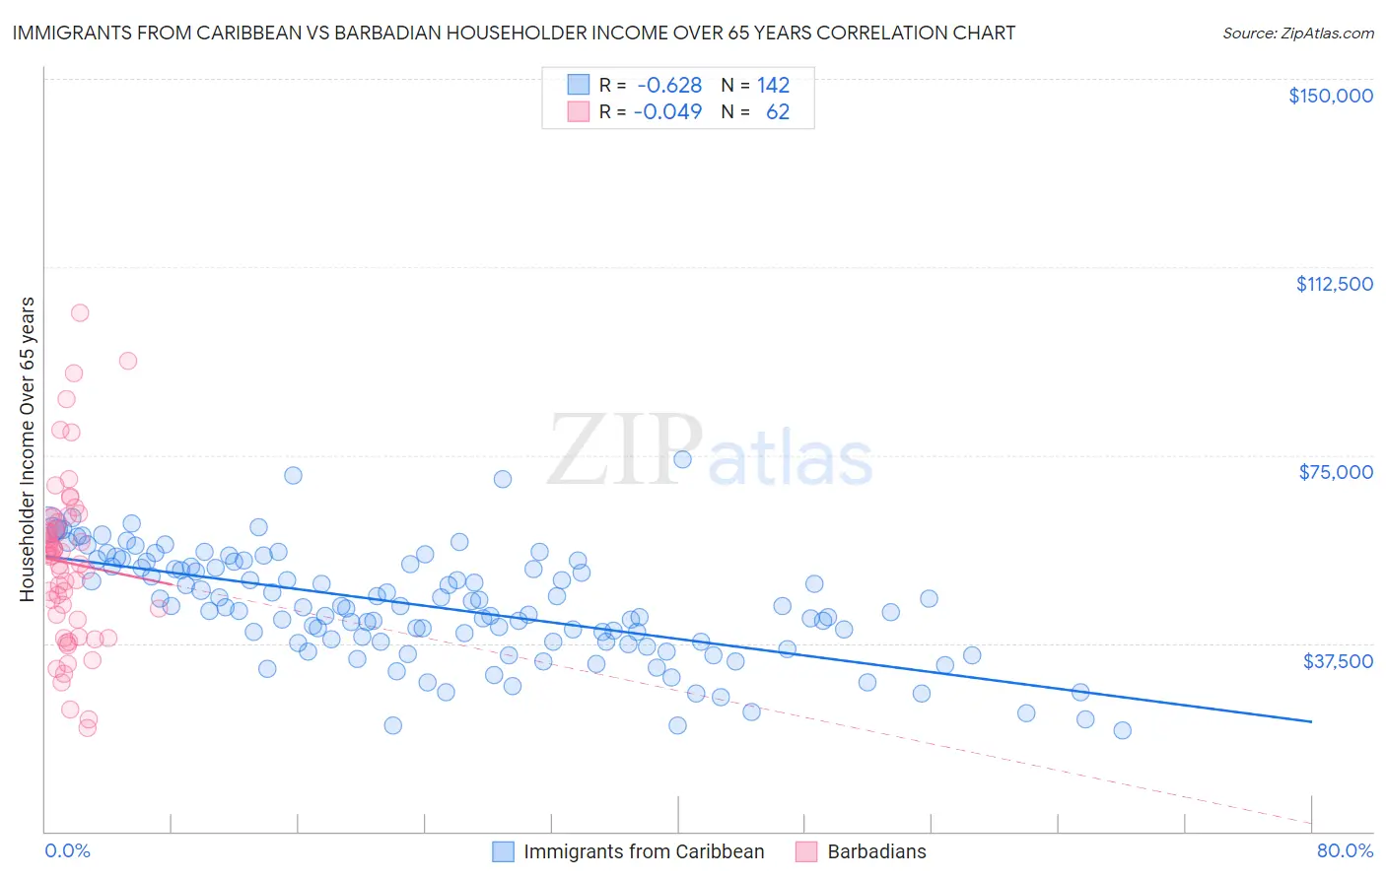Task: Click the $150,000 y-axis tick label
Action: click(x=1331, y=96)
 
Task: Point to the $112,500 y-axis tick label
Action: click(x=1334, y=284)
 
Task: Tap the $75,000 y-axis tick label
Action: click(x=1336, y=472)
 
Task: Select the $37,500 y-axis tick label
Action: click(x=1338, y=660)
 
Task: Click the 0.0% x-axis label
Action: click(x=67, y=850)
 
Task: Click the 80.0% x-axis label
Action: click(x=1345, y=850)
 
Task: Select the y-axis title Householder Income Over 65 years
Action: click(x=28, y=448)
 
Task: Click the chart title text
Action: click(x=513, y=33)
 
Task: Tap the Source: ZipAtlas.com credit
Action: click(x=1297, y=33)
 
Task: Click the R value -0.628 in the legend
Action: click(x=668, y=85)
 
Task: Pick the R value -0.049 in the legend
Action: click(x=668, y=111)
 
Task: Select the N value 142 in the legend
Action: click(x=773, y=85)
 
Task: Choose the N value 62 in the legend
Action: click(x=778, y=111)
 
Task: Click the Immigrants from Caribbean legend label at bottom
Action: click(x=644, y=851)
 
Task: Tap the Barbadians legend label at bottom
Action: click(x=876, y=851)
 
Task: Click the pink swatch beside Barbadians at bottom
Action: click(x=806, y=851)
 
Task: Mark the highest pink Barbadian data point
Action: click(x=80, y=312)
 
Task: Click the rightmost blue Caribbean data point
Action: click(x=1122, y=730)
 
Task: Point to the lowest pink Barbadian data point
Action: click(x=87, y=727)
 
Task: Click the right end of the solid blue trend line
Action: click(x=1311, y=722)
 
